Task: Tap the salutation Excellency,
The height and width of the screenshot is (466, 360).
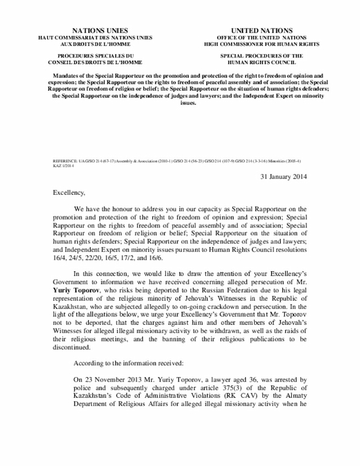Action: [69, 192]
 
